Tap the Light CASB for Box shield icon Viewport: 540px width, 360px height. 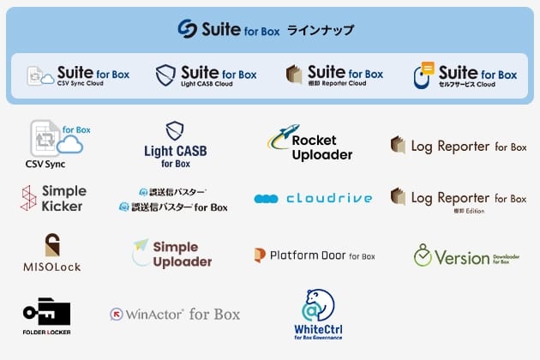[175, 130]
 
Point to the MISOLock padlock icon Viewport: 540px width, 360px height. [52, 245]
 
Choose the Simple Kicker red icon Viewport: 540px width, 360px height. [28, 198]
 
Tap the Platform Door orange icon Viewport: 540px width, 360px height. [260, 255]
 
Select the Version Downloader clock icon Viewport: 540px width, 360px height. [423, 255]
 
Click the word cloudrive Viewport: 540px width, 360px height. [329, 198]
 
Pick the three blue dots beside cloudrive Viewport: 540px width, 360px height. [266, 199]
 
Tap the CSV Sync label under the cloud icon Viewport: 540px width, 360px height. [45, 164]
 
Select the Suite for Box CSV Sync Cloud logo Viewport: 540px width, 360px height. [78, 75]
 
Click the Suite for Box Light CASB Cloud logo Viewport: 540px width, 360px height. [206, 75]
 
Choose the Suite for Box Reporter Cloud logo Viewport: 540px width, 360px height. [334, 75]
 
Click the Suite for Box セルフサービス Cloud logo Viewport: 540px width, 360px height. [465, 75]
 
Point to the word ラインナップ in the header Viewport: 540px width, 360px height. [320, 30]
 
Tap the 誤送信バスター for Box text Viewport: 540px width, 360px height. [173, 207]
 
